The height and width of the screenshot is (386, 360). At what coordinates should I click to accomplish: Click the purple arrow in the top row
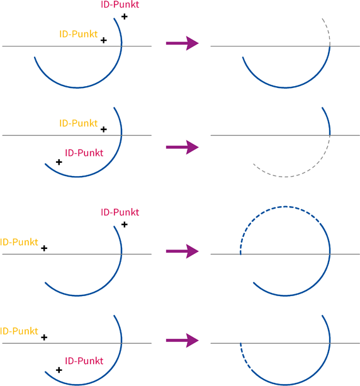click(x=183, y=43)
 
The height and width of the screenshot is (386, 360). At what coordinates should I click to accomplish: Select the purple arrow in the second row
click(x=183, y=147)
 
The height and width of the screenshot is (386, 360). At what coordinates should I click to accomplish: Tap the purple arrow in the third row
click(x=183, y=251)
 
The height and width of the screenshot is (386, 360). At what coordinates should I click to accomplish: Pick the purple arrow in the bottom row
click(x=183, y=341)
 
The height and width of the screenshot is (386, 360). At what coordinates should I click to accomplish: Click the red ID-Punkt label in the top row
click(x=120, y=4)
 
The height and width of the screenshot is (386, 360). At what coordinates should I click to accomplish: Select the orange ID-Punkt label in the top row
click(x=79, y=34)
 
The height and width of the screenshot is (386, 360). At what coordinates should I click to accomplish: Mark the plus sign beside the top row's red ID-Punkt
click(x=125, y=16)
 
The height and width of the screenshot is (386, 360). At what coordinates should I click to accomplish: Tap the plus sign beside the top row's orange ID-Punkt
click(x=104, y=40)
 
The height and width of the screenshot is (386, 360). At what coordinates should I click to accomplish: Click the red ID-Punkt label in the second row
click(x=84, y=153)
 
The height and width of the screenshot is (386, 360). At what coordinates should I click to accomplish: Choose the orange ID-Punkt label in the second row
click(x=79, y=123)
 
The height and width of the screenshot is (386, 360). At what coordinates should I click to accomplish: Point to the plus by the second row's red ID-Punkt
click(x=59, y=162)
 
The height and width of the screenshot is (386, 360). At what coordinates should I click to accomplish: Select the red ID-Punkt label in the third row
click(x=120, y=212)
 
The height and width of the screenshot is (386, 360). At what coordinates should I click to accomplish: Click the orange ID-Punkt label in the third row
click(x=19, y=242)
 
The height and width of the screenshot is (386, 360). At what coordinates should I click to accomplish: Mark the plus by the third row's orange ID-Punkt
click(x=44, y=248)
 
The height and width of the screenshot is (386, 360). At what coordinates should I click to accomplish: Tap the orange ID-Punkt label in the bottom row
click(x=19, y=331)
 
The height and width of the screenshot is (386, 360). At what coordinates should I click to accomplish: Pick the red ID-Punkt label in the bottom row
click(x=84, y=361)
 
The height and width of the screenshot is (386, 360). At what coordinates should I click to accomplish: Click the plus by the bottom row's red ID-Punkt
click(x=59, y=370)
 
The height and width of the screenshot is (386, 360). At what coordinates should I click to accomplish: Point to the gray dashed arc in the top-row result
click(x=328, y=31)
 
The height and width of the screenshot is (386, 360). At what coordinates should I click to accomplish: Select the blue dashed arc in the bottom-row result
click(x=244, y=358)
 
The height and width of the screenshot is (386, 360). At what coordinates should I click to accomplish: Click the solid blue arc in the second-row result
click(x=328, y=121)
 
